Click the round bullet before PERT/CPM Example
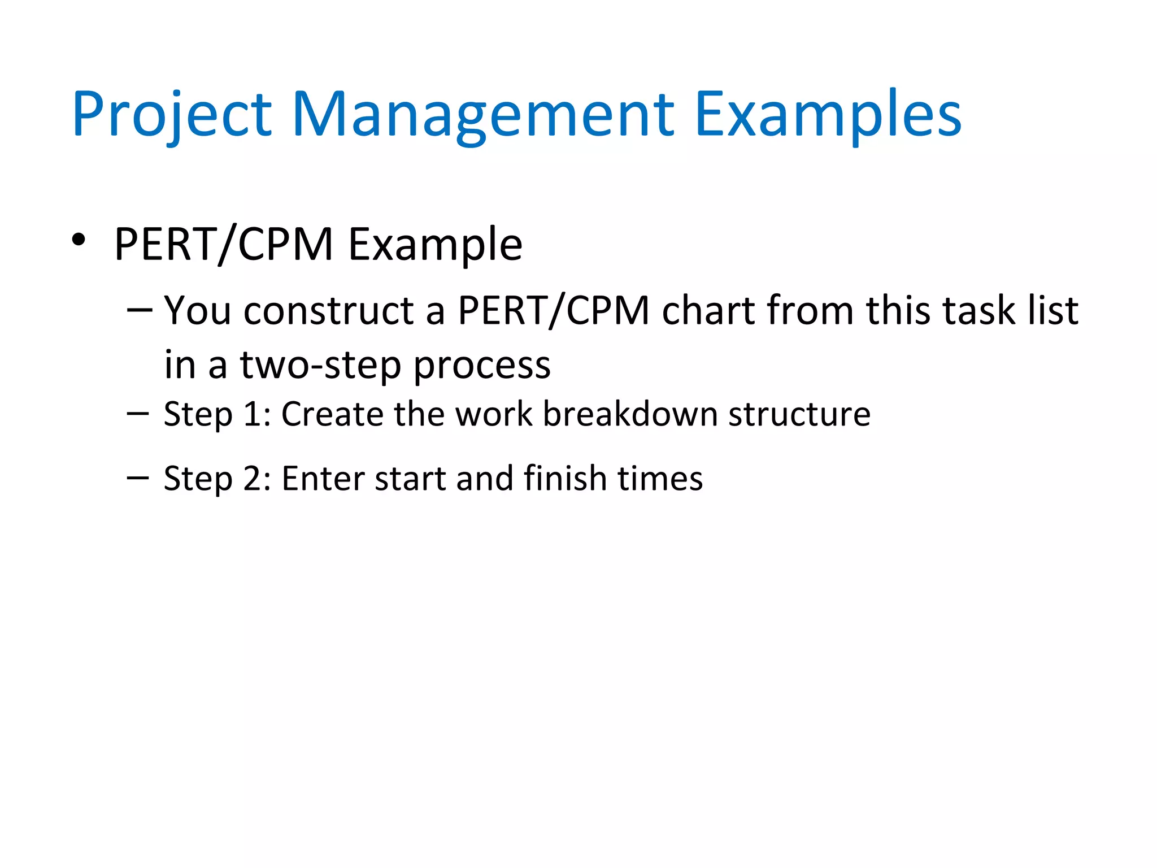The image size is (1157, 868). point(79,240)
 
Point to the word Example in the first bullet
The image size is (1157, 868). point(435,245)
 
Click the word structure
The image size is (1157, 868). point(799,414)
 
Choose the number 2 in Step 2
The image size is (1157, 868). point(252,479)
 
